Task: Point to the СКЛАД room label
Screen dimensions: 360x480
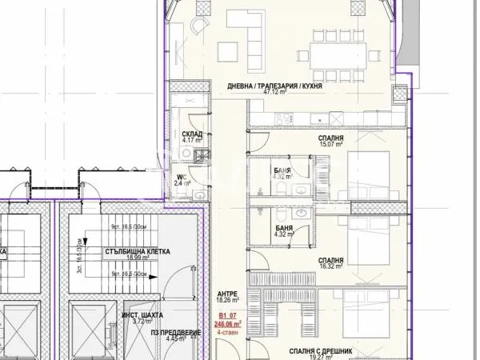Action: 190,134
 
